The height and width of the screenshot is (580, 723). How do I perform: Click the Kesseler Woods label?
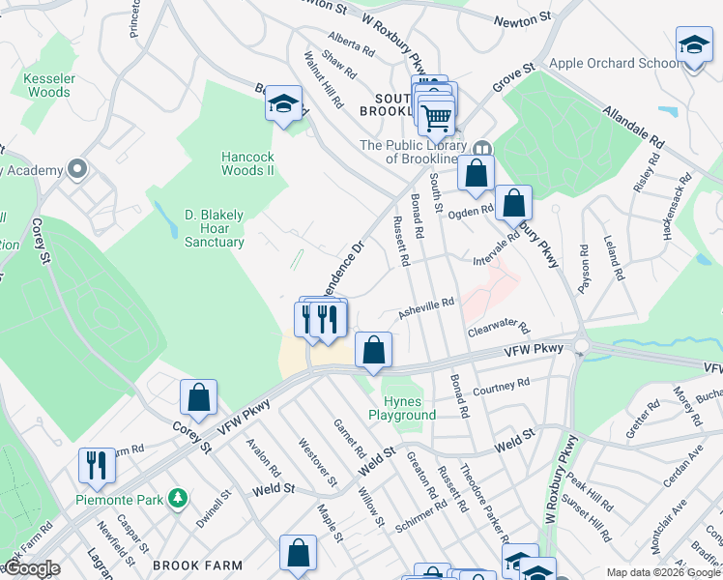[x=48, y=85]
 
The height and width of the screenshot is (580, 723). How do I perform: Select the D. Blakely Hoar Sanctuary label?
[x=214, y=228]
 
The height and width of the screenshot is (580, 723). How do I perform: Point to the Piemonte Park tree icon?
[x=177, y=499]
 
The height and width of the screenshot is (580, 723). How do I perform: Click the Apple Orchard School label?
[x=615, y=64]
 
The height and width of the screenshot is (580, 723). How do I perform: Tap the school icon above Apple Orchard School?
[x=694, y=47]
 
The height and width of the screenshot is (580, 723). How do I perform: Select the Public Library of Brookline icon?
[x=480, y=146]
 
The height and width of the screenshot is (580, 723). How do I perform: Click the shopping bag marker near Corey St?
[x=198, y=398]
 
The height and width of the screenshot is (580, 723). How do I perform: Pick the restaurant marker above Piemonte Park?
[x=97, y=467]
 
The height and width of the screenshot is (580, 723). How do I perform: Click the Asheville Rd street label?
[x=426, y=308]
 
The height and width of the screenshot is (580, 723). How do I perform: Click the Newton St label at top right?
[x=521, y=18]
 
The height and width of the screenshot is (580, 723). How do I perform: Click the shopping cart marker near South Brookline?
[x=437, y=117]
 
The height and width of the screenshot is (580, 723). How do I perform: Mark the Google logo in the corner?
[x=32, y=568]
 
